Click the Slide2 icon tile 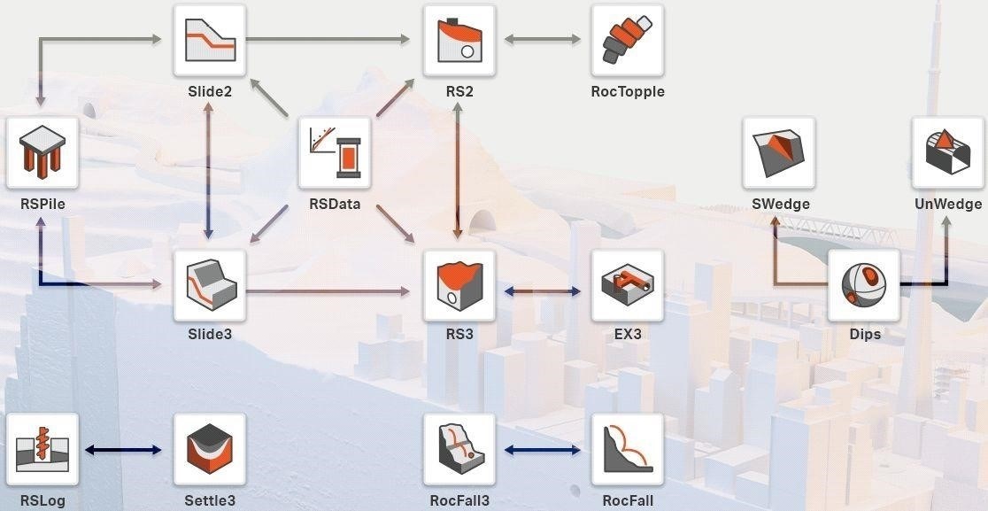210,41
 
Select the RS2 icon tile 459,41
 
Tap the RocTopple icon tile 628,41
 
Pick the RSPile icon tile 42,153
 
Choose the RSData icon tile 335,153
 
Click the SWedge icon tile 779,153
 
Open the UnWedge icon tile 947,153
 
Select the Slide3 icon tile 210,285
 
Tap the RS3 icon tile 459,285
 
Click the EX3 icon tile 628,285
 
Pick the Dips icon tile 864,285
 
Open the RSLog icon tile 42,449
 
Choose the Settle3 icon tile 210,449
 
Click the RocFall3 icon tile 459,449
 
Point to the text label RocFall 628,501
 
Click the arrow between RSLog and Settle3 123,450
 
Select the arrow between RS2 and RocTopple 543,40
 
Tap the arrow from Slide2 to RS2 328,40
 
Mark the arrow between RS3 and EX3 543,291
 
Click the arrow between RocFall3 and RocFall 543,450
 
